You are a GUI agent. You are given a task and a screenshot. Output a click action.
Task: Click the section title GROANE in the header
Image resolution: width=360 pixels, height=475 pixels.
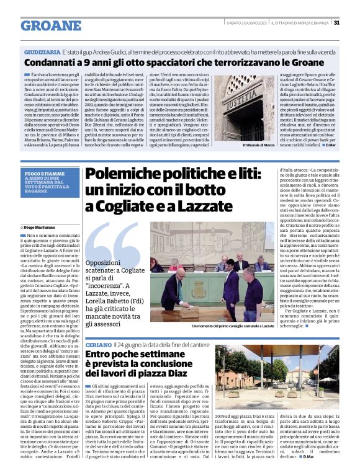point(47,25)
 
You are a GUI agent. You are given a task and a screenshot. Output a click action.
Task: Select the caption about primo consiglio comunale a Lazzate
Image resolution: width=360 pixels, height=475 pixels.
point(233,325)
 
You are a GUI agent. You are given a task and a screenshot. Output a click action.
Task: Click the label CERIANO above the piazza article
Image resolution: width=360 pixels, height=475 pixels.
point(98,343)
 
